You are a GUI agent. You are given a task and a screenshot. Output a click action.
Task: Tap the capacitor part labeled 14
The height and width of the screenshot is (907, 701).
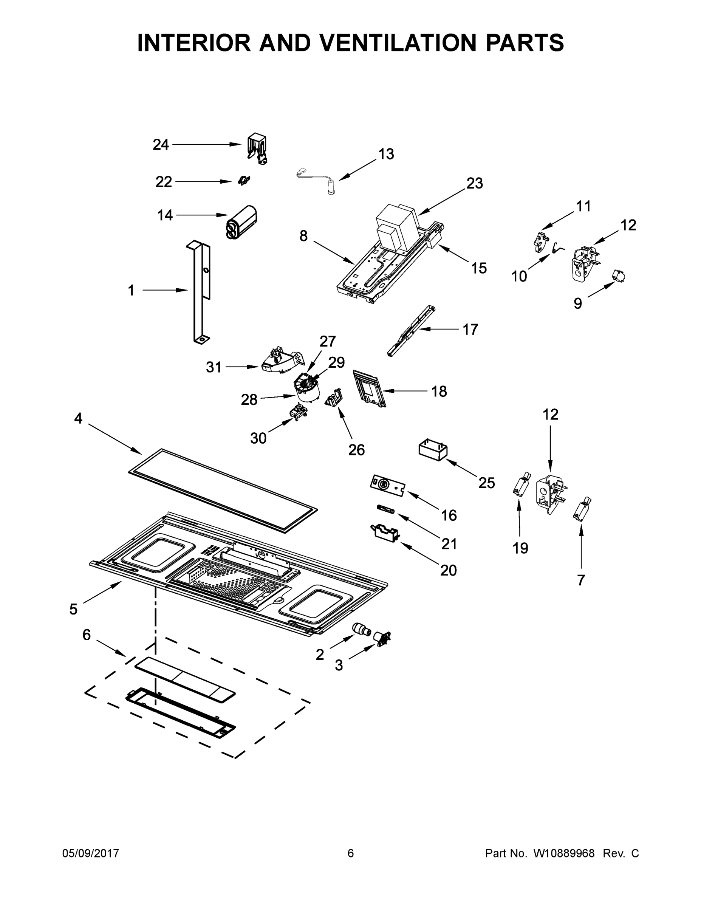(242, 222)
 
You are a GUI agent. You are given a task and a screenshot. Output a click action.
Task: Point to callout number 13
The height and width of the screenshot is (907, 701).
(386, 154)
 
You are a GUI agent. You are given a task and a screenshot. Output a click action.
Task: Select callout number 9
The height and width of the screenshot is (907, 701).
(578, 303)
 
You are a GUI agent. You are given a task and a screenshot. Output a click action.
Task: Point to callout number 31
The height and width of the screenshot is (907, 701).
(214, 367)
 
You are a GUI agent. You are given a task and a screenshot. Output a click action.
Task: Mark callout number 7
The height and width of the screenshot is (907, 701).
(580, 580)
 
